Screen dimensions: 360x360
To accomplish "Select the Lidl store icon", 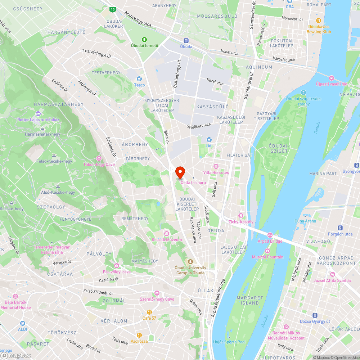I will pyautogui.click(x=209, y=140).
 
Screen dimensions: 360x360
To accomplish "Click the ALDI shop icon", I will pyautogui.click(x=23, y=323).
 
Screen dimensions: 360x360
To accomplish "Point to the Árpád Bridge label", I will pyautogui.click(x=270, y=241).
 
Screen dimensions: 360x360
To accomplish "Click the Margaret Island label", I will pyautogui.click(x=248, y=300).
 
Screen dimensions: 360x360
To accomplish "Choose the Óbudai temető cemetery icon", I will pyautogui.click(x=144, y=39).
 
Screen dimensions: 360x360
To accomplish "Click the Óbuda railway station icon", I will pyautogui.click(x=186, y=41).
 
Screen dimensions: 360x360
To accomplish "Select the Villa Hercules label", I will pyautogui.click(x=216, y=172).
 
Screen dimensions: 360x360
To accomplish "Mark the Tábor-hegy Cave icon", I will pyautogui.click(x=99, y=158).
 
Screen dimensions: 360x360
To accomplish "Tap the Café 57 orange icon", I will pyautogui.click(x=149, y=312).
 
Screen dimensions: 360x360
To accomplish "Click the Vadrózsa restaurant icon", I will pyautogui.click(x=139, y=335).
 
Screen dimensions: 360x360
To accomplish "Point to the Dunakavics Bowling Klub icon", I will pyautogui.click(x=319, y=21).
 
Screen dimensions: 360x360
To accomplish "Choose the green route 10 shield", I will pyautogui.click(x=113, y=9).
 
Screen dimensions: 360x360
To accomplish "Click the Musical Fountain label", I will pyautogui.click(x=267, y=257).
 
